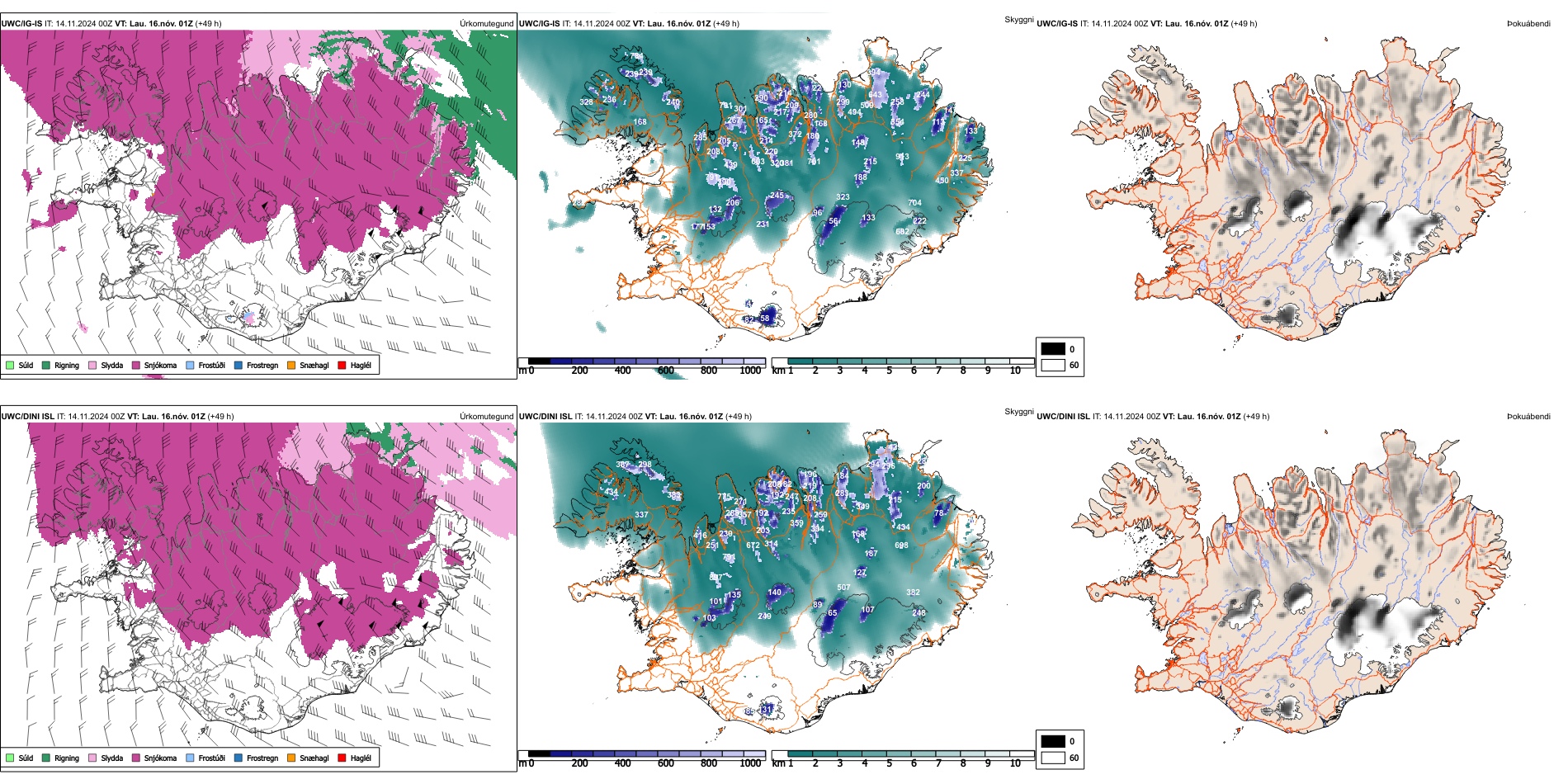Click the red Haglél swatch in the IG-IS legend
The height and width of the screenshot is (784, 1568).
click(x=342, y=365)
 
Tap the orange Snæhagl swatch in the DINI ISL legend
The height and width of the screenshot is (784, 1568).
click(x=291, y=758)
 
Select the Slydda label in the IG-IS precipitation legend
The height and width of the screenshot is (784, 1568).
click(x=111, y=365)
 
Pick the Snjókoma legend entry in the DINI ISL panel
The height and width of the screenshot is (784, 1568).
click(x=160, y=758)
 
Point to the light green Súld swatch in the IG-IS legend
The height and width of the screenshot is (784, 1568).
click(x=10, y=365)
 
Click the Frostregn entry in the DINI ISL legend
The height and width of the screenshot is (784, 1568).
click(x=262, y=758)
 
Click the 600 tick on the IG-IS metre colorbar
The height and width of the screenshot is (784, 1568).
click(x=666, y=371)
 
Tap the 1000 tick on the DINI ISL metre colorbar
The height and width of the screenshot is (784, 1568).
click(x=750, y=763)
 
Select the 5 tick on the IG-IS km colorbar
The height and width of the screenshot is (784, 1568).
click(x=890, y=371)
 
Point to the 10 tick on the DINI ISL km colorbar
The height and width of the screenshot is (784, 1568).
click(x=1015, y=763)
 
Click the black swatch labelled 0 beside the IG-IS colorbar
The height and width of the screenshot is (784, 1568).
click(x=1053, y=349)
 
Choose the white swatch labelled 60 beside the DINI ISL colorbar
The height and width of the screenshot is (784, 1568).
click(x=1053, y=758)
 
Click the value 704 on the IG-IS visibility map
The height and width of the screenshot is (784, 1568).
click(x=914, y=203)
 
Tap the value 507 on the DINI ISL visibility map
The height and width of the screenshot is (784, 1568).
click(x=843, y=588)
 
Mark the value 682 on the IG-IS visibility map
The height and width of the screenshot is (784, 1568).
click(x=903, y=232)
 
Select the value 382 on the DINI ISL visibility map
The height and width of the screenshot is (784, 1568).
click(x=913, y=593)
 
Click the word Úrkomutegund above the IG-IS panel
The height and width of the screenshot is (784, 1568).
click(x=487, y=24)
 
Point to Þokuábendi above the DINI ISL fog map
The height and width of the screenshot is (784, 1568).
click(x=1528, y=417)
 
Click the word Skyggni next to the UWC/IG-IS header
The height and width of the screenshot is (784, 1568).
click(x=1019, y=20)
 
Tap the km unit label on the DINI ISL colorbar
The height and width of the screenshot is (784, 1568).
click(x=778, y=763)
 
